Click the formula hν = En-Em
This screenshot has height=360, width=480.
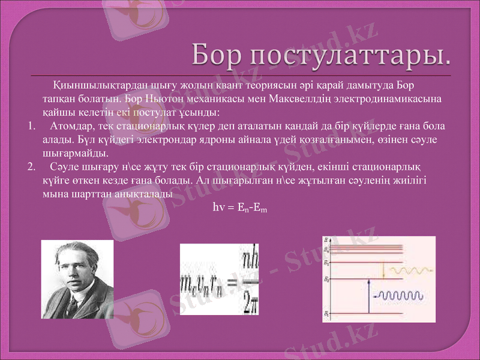point(239,208)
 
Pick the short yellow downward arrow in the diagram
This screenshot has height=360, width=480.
point(383,271)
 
